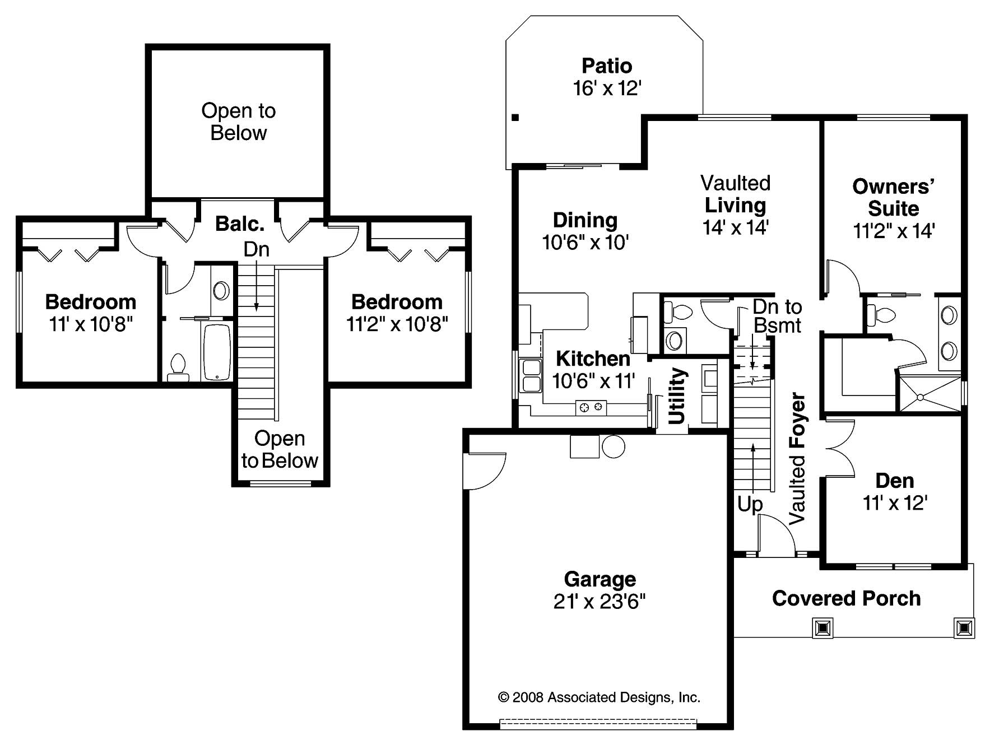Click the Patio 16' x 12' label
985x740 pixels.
(x=607, y=77)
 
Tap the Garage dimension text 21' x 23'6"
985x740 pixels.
(x=600, y=602)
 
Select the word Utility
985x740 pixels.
(x=677, y=395)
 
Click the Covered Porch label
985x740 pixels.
(x=846, y=598)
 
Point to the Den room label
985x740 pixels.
(x=894, y=481)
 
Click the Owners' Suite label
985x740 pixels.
(x=893, y=197)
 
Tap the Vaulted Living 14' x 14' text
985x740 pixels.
(x=735, y=205)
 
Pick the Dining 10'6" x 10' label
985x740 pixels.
(x=585, y=231)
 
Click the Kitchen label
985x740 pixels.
(x=593, y=359)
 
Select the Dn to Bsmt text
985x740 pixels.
(x=777, y=316)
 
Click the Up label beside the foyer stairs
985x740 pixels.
(x=750, y=505)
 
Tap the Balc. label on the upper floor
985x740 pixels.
(x=240, y=224)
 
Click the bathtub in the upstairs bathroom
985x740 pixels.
(x=217, y=352)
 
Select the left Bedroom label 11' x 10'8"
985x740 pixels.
(x=91, y=313)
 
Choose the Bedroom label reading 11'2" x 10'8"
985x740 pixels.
(x=397, y=313)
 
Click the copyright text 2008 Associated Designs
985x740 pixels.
(x=599, y=697)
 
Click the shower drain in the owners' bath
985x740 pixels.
(x=919, y=397)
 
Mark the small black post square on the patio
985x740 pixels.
(x=515, y=118)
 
